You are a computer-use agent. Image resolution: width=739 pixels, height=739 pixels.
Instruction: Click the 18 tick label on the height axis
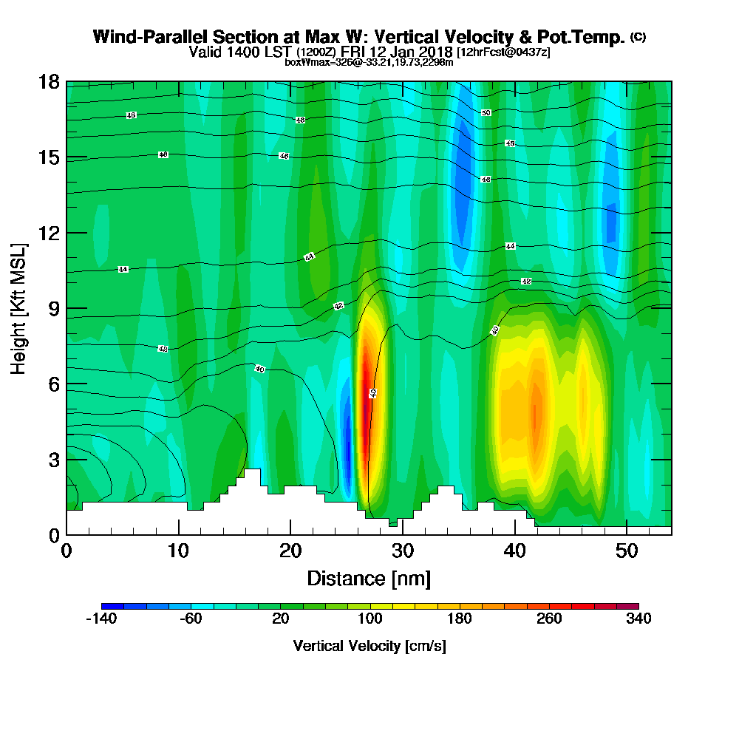coord(50,81)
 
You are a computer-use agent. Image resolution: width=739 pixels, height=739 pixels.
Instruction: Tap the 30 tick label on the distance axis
coord(402,551)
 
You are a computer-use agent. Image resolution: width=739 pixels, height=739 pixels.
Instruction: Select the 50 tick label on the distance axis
coord(627,551)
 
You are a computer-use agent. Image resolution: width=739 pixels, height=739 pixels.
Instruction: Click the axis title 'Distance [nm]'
coord(369,578)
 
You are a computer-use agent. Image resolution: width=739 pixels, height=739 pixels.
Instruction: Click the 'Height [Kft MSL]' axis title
coord(19,308)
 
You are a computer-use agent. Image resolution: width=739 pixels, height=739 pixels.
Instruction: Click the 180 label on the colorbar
coord(460,619)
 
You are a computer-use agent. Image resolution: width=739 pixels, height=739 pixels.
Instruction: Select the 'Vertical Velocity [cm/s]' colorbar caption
coord(369,646)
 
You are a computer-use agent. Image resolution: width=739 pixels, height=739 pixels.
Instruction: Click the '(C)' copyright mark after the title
coord(638,36)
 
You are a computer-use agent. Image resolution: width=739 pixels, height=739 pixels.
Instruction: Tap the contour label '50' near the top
coord(486,113)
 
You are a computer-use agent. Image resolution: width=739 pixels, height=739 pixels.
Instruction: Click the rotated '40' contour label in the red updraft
coord(373,393)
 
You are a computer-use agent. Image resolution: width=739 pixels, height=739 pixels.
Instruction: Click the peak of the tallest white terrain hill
coord(252,471)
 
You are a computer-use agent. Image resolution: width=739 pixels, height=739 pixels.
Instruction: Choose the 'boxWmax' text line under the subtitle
coord(369,62)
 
